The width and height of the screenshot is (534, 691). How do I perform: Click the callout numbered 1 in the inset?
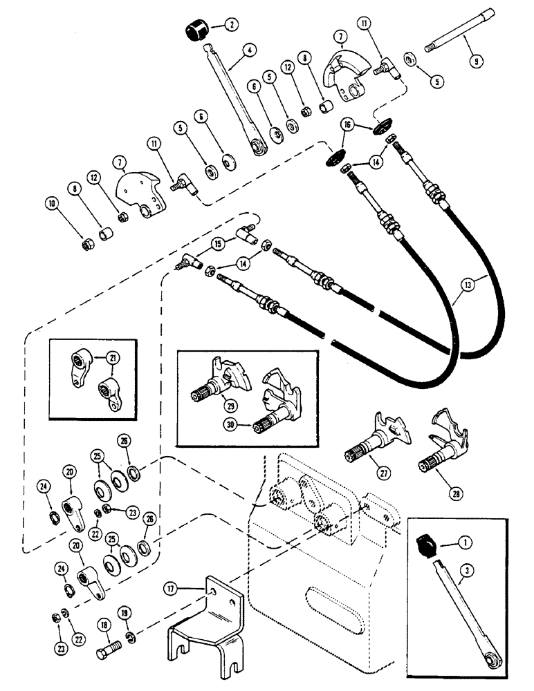pos(459,545)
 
